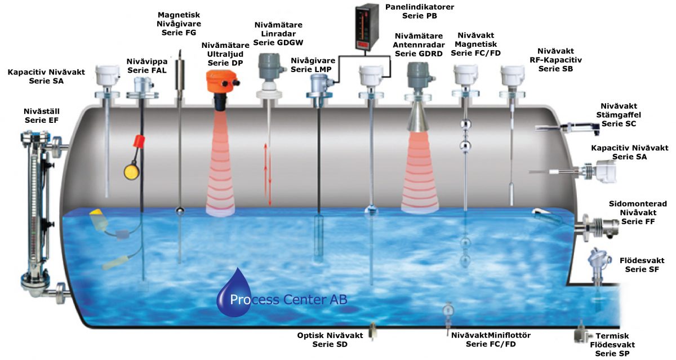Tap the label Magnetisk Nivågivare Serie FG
point(179,24)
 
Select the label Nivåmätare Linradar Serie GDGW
point(278,33)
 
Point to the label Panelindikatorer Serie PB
point(419,11)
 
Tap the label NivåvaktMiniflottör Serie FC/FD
point(491,339)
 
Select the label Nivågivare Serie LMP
point(313,65)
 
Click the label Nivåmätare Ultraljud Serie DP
point(221,54)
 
